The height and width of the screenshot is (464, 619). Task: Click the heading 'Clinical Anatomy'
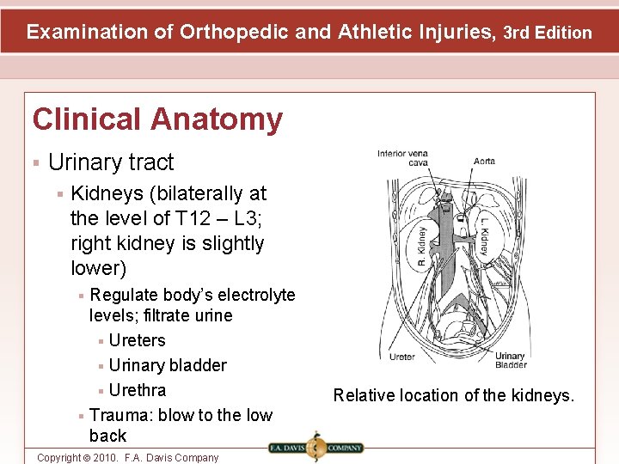pos(156,119)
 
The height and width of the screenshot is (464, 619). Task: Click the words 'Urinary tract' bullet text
pos(111,162)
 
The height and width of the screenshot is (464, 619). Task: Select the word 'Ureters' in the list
pos(137,340)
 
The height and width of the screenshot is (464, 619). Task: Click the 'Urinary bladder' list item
pos(168,365)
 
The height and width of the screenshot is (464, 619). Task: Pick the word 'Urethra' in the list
pos(138,390)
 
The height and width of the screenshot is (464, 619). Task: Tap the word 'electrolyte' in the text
pos(250,296)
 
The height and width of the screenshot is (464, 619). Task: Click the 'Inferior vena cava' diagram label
pos(402,158)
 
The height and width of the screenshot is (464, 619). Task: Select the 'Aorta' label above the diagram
pos(484,161)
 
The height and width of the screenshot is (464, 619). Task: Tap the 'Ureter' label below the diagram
pos(401,357)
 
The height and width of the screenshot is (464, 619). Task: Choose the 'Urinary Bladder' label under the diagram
pos(511,360)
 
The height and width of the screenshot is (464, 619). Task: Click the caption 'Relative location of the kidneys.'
pos(454,395)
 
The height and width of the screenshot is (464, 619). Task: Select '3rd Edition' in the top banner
pos(548,33)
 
